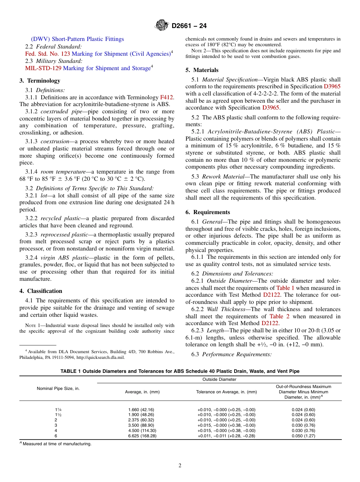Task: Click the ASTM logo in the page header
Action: point(162,26)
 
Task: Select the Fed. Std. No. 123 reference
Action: point(47,54)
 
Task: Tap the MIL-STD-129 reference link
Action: point(43,68)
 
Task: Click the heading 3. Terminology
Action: point(40,81)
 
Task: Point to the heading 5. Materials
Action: point(202,70)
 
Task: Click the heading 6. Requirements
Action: point(208,212)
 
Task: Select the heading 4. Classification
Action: point(41,291)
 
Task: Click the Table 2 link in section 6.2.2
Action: point(279,316)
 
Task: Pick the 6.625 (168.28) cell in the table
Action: point(142,436)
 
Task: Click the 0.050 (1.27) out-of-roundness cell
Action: point(303,436)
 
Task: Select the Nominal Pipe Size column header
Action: point(58,388)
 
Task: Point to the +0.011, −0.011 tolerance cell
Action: point(226,436)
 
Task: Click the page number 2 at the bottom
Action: point(180,466)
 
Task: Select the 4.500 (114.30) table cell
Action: point(142,430)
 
